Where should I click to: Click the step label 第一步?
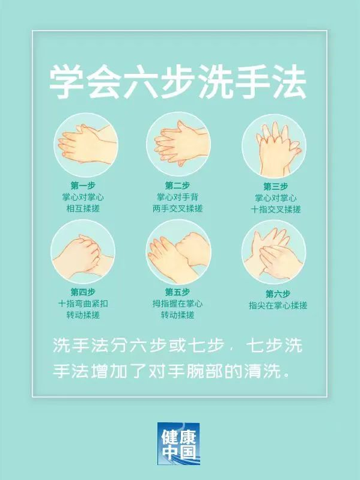pyautogui.click(x=83, y=186)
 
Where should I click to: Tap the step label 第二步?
pyautogui.click(x=177, y=186)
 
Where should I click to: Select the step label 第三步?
pyautogui.click(x=275, y=186)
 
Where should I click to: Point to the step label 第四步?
pyautogui.click(x=83, y=292)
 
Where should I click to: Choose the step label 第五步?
pyautogui.click(x=177, y=292)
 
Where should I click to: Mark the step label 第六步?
pyautogui.click(x=278, y=294)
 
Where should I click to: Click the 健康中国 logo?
pyautogui.click(x=178, y=443)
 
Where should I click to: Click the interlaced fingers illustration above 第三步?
pyautogui.click(x=274, y=146)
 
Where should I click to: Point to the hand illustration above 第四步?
pyautogui.click(x=83, y=251)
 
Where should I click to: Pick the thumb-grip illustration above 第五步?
pyautogui.click(x=178, y=251)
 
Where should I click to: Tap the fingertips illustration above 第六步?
pyautogui.click(x=274, y=252)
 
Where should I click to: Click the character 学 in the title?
pyautogui.click(x=67, y=83)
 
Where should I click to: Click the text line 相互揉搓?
pyautogui.click(x=83, y=209)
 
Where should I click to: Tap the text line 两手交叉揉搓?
pyautogui.click(x=177, y=209)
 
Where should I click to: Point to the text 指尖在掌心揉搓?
pyautogui.click(x=278, y=306)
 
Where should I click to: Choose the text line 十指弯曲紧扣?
pyautogui.click(x=83, y=303)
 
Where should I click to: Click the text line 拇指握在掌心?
pyautogui.click(x=177, y=303)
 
